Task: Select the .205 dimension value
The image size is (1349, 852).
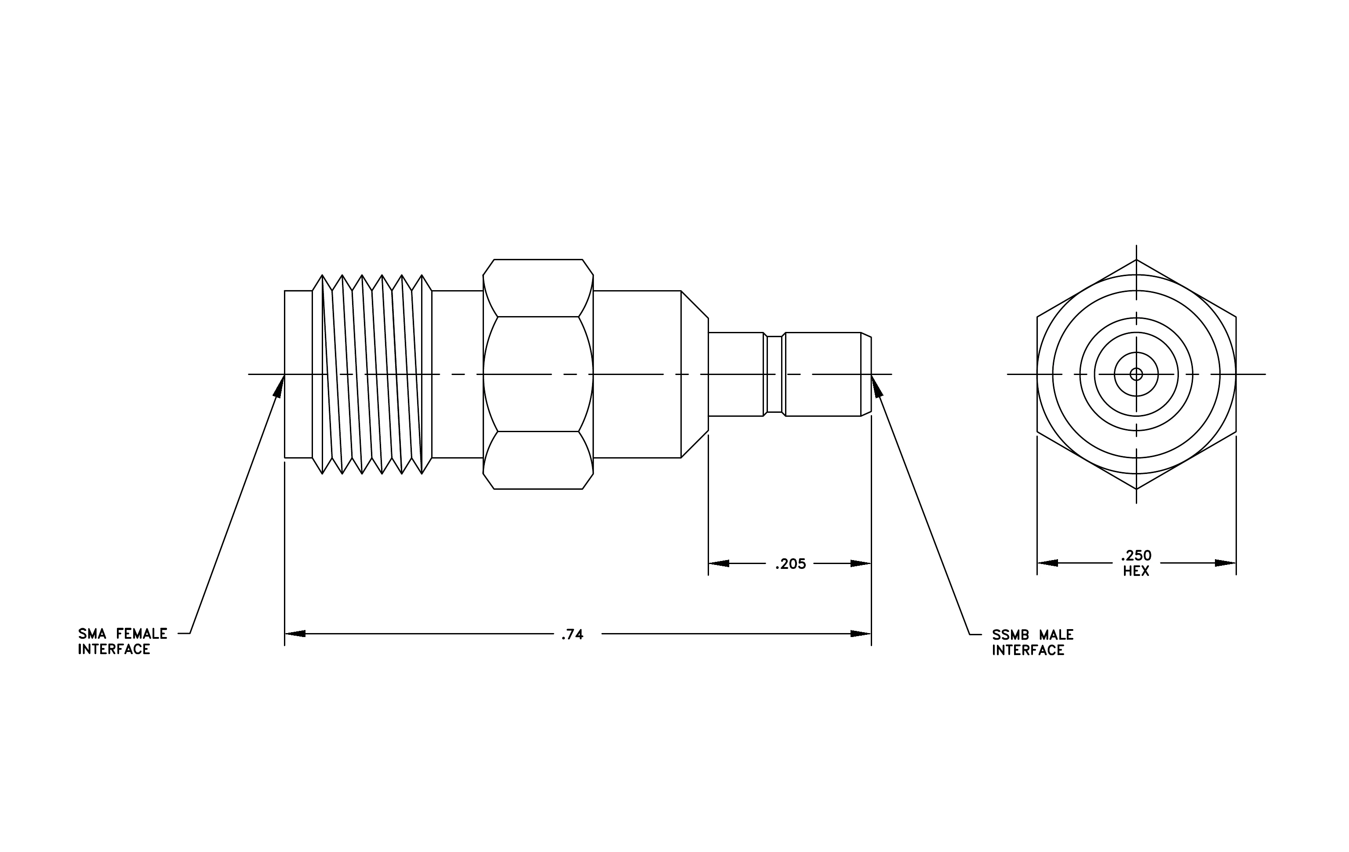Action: click(x=790, y=564)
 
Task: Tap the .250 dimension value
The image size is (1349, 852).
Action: click(x=1136, y=556)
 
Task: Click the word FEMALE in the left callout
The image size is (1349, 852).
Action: click(x=142, y=634)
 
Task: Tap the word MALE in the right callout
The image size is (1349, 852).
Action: click(x=1057, y=635)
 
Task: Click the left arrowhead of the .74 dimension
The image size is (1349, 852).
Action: click(x=285, y=634)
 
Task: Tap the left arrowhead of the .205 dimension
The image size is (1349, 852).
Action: click(x=709, y=563)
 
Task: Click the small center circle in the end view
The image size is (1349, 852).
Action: click(x=1136, y=374)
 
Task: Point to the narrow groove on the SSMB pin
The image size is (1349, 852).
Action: click(x=774, y=374)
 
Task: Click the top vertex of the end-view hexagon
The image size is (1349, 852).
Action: click(x=1136, y=260)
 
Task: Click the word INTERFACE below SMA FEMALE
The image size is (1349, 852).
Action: click(x=114, y=649)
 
